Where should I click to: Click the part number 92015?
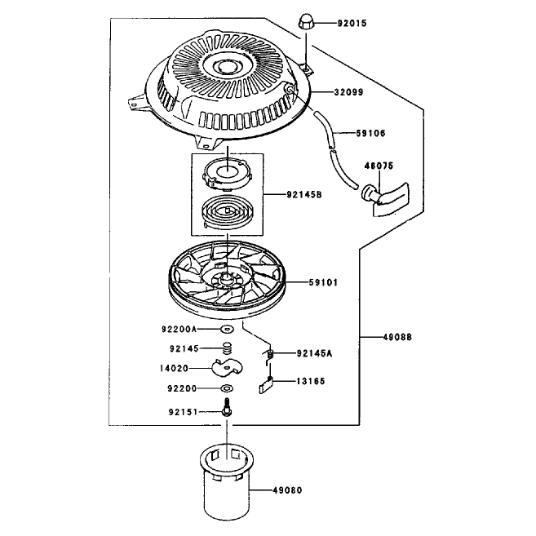tap(352, 23)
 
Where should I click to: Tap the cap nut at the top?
tap(305, 22)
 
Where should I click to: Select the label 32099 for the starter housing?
tap(348, 92)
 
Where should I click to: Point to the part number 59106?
tap(370, 133)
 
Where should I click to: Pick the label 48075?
tap(379, 166)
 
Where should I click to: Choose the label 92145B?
tap(303, 195)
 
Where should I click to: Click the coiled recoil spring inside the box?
tap(227, 213)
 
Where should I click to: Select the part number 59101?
tap(323, 283)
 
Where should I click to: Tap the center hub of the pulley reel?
tap(226, 277)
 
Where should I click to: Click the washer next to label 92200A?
tap(227, 329)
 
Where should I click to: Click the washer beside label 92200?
tap(227, 388)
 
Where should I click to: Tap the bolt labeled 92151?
tap(227, 407)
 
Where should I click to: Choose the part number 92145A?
tap(314, 353)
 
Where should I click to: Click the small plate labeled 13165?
tap(266, 386)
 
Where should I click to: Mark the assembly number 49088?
tap(397, 338)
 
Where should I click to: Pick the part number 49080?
tap(287, 490)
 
